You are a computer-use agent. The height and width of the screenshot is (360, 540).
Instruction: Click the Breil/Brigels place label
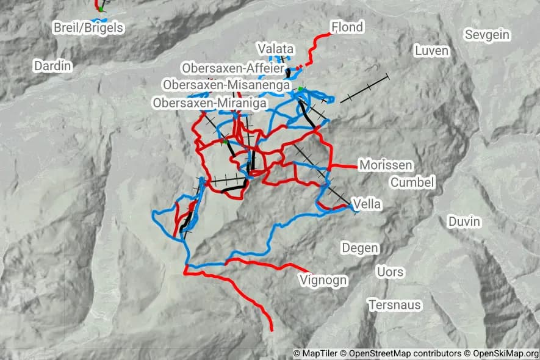tap(88, 28)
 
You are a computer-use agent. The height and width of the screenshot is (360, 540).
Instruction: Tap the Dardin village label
tap(53, 66)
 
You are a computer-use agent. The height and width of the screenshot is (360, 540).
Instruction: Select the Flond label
tap(347, 27)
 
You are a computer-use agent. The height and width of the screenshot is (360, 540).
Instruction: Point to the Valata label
tap(276, 49)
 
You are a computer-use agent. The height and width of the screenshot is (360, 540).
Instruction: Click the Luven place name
tap(431, 51)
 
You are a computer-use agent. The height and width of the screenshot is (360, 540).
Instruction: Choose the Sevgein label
tap(487, 35)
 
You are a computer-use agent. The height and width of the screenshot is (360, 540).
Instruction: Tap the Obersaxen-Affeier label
tap(232, 68)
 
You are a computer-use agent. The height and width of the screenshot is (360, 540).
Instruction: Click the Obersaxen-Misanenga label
tap(226, 85)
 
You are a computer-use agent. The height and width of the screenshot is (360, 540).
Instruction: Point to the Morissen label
tap(386, 165)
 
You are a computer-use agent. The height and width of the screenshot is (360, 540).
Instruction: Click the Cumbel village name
tap(412, 182)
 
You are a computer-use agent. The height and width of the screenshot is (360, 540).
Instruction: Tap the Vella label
tap(367, 204)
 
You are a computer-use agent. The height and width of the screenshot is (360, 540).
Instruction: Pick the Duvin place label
tap(464, 221)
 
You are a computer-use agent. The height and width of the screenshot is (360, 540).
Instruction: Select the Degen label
tap(360, 248)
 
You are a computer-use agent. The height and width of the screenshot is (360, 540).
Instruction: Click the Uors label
tap(390, 271)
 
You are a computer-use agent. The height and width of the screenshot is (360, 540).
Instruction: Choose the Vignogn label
tap(323, 280)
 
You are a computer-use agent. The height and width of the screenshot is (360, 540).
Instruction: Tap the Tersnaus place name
tap(395, 304)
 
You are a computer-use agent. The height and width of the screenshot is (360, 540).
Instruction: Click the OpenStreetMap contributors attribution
tap(405, 353)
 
